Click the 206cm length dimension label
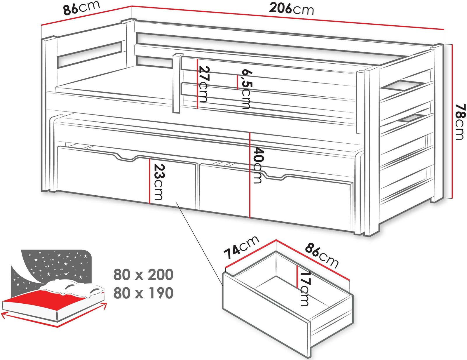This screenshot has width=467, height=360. coord(291,9)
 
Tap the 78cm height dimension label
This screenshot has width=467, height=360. coord(460,122)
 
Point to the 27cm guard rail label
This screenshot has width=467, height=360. coord(203,84)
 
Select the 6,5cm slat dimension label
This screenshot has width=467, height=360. coord(246,89)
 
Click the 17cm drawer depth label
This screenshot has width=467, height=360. coord(305,289)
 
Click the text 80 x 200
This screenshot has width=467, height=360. coord(143,275)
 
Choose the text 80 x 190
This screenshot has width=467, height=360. coord(143,293)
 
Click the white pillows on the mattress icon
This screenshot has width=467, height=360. coord(71,287)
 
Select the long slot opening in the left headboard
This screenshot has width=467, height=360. coord(89,54)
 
